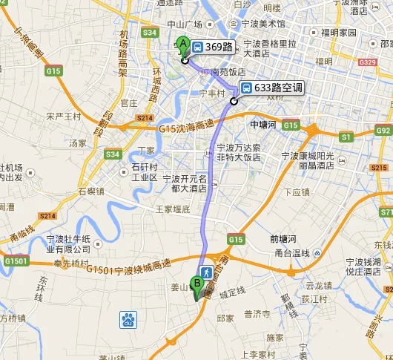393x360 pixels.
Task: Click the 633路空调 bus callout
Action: pyautogui.click(x=271, y=87)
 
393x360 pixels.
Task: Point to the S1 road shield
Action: pyautogui.click(x=346, y=137)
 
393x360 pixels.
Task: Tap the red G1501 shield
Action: pyautogui.click(x=16, y=261)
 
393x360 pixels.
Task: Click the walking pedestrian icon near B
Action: pyautogui.click(x=206, y=272)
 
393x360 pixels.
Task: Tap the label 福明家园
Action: pyautogui.click(x=338, y=33)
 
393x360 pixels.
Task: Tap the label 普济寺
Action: pyautogui.click(x=257, y=314)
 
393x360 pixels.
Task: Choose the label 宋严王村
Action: pyautogui.click(x=62, y=117)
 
